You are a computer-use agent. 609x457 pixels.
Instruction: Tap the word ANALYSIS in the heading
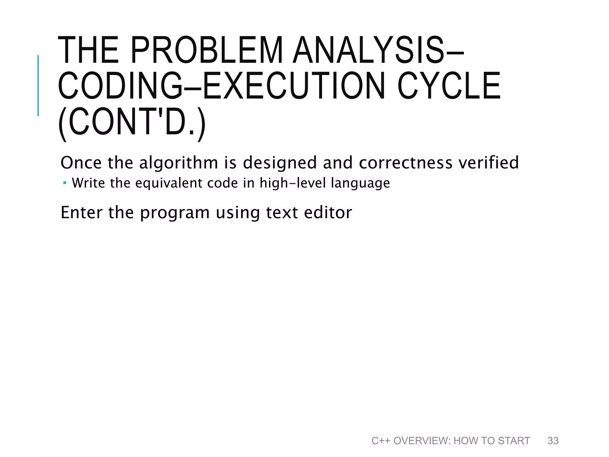pos(369,50)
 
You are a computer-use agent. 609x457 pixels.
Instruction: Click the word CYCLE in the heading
pos(449,86)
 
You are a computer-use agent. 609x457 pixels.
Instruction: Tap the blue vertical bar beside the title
pos(38,85)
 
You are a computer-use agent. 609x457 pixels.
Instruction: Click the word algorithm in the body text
pos(179,163)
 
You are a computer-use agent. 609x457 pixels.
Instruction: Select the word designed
pos(280,163)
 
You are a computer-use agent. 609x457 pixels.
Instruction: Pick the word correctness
pos(406,163)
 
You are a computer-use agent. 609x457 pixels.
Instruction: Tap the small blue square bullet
pos(65,182)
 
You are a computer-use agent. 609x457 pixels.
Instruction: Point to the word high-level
pos(293,183)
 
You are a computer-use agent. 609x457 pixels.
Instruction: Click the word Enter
pos(82,213)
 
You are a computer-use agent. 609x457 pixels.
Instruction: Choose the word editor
pos(328,213)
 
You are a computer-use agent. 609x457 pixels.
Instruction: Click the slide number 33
pos(553,441)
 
